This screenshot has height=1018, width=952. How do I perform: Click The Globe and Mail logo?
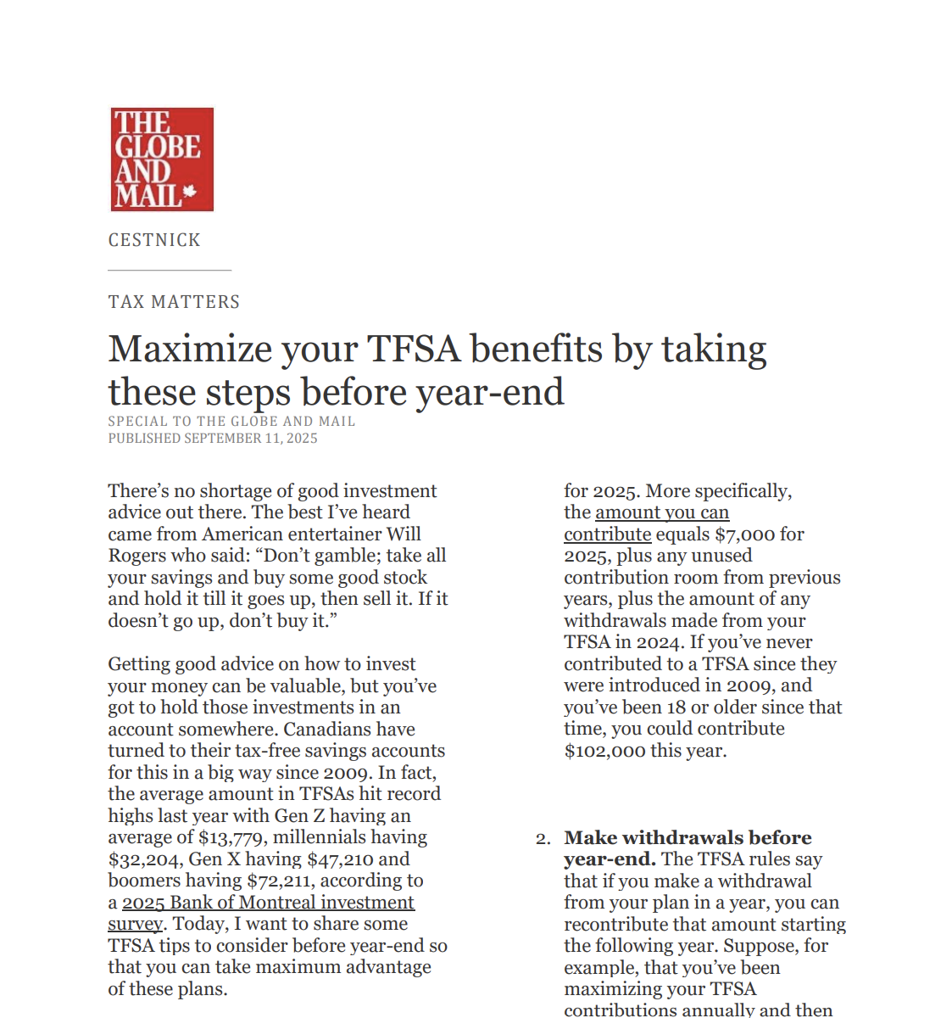(162, 159)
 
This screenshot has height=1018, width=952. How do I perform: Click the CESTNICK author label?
(154, 240)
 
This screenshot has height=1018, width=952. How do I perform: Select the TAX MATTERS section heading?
(174, 302)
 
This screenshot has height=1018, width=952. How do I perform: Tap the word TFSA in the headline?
(413, 350)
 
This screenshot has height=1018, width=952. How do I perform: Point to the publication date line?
(213, 439)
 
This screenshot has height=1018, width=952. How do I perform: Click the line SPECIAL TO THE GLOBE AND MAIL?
(231, 422)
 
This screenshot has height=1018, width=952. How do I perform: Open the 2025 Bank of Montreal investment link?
(268, 903)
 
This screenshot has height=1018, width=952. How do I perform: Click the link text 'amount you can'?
(662, 512)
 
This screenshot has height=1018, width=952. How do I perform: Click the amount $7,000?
(745, 534)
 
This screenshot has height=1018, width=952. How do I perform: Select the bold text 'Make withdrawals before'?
(688, 838)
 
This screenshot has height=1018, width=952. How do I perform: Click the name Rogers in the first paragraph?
(138, 556)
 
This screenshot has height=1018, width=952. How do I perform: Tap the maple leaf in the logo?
(189, 193)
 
